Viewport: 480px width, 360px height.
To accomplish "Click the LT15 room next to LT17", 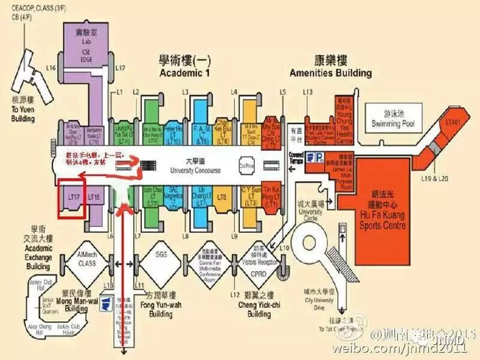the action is pos(94,197).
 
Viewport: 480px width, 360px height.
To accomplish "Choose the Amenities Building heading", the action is pos(330,67).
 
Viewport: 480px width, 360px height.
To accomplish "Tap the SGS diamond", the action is pos(161,254).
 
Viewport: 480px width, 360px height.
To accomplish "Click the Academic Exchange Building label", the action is pos(38,247).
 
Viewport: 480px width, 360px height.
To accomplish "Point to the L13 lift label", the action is pos(308,91).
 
